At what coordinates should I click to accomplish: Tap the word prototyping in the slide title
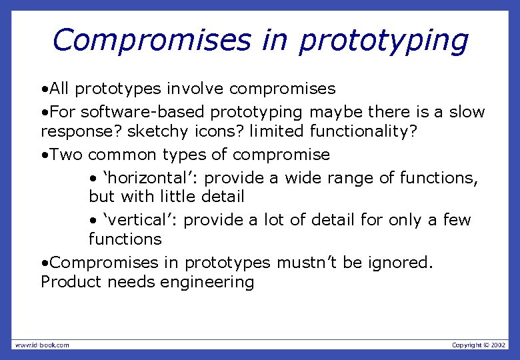[x=383, y=41]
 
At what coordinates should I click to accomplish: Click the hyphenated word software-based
[x=146, y=112]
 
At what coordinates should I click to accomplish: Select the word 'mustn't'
[x=307, y=263]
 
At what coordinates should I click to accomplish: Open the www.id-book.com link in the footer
[x=42, y=345]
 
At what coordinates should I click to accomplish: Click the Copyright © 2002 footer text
[x=479, y=345]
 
